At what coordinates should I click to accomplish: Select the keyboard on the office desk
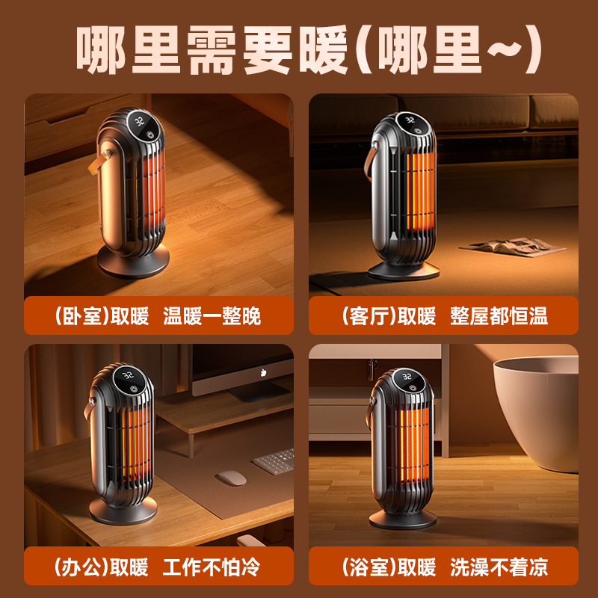pyautogui.click(x=274, y=460)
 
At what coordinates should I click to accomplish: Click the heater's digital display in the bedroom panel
pyautogui.click(x=140, y=120)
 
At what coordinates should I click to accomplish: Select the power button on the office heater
pyautogui.click(x=132, y=389)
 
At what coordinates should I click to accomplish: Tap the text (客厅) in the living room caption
pyautogui.click(x=366, y=316)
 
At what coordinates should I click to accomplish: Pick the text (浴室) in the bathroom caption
pyautogui.click(x=366, y=567)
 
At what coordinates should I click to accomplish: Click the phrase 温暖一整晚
pyautogui.click(x=212, y=316)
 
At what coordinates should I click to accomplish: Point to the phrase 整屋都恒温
pyautogui.click(x=499, y=316)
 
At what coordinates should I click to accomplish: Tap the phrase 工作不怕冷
pyautogui.click(x=212, y=567)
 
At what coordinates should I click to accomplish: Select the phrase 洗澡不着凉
pyautogui.click(x=499, y=567)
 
